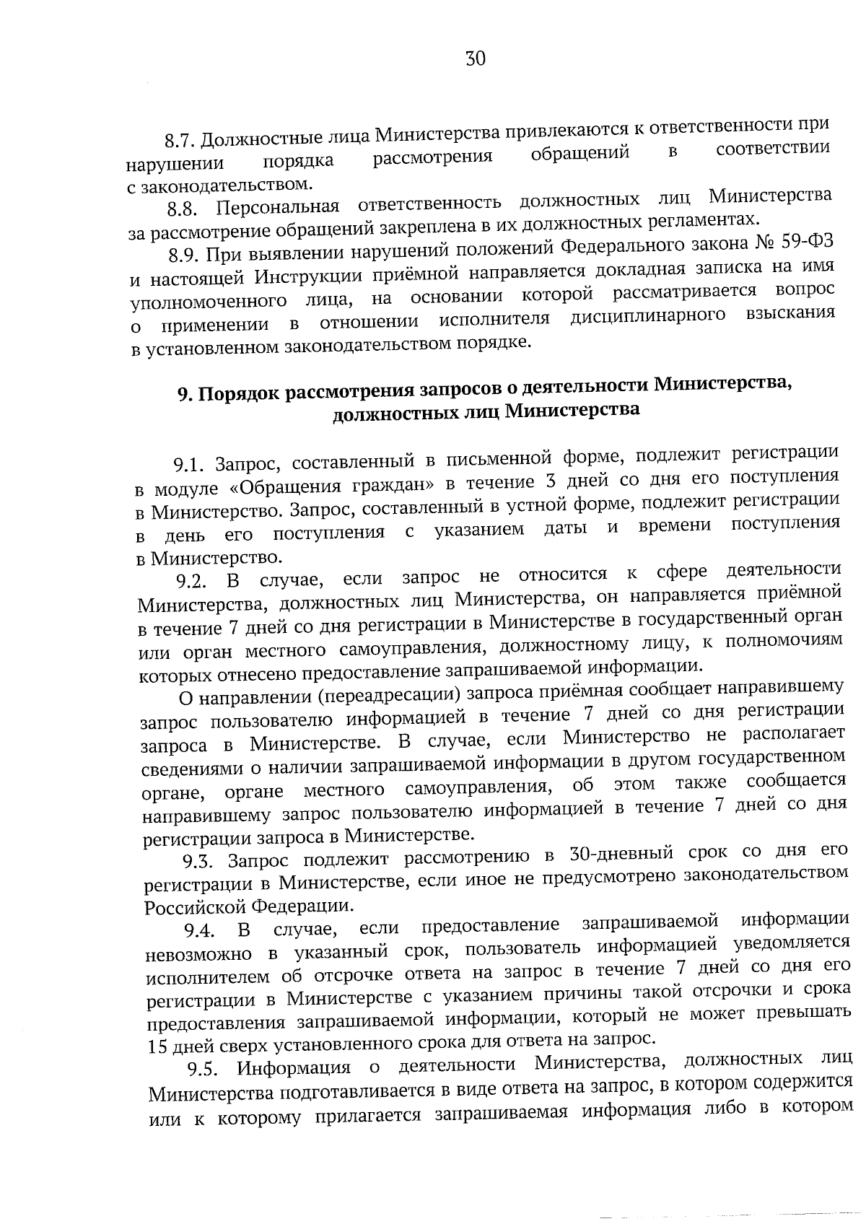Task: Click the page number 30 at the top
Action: [476, 59]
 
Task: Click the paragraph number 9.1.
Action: [189, 464]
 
